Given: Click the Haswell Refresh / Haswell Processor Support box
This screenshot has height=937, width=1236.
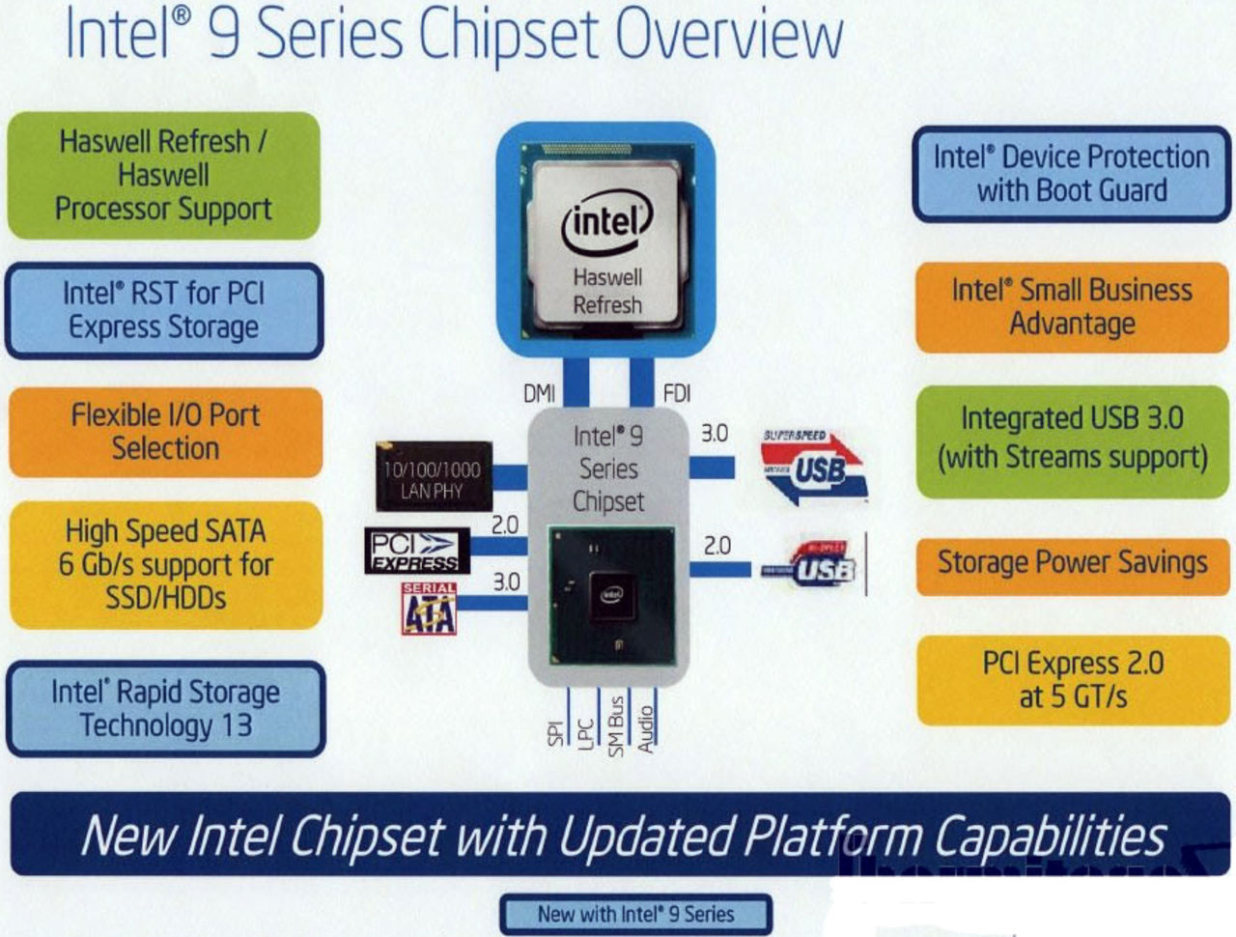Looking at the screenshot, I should [x=163, y=175].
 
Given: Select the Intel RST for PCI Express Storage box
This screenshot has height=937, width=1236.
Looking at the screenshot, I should [x=163, y=310].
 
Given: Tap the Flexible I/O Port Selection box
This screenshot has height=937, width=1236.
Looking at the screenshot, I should [x=165, y=432].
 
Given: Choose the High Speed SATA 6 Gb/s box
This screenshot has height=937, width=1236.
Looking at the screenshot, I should [x=165, y=564].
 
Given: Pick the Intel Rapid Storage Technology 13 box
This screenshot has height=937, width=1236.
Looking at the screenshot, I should [x=165, y=708].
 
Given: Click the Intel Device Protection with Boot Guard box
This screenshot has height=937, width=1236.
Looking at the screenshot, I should [x=1071, y=173].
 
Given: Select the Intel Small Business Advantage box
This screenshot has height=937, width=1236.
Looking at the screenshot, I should [x=1072, y=307].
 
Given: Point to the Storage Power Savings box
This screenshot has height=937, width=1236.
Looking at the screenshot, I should [x=1072, y=562].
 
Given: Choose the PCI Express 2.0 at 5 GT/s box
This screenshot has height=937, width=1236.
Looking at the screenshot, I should [x=1072, y=680].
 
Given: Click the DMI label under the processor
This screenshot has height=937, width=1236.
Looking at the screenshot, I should [x=539, y=393].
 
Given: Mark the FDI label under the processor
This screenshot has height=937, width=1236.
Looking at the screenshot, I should [x=677, y=393].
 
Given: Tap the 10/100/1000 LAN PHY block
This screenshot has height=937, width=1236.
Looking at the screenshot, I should [x=433, y=477].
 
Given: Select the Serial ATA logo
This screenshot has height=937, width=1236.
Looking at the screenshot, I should [x=429, y=608].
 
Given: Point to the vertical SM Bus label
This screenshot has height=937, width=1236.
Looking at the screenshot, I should [x=616, y=724].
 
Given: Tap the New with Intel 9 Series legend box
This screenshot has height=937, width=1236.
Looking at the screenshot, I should [x=635, y=914].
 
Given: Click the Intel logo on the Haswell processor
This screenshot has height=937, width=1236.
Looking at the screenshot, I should [x=606, y=221].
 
